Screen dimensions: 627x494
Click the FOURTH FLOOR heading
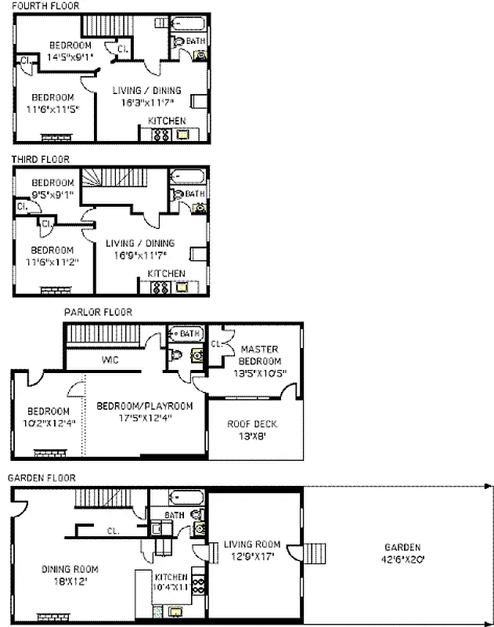(x=45, y=5)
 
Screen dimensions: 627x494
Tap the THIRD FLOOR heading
(x=41, y=158)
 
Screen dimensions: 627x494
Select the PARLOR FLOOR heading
(x=98, y=312)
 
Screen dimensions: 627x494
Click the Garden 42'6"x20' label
(x=402, y=553)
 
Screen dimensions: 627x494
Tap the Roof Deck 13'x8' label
(x=252, y=429)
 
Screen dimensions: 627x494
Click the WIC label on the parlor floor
(x=110, y=361)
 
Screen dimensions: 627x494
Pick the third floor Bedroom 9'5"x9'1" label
(x=52, y=188)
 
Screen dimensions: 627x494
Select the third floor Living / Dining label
(x=140, y=248)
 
